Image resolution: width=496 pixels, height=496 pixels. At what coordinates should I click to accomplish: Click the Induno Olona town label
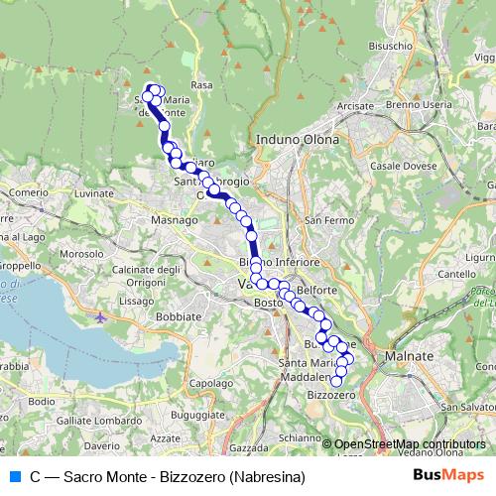297,140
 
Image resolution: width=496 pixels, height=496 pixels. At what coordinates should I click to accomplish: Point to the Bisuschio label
390,46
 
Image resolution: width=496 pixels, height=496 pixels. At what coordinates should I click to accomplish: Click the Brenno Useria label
418,104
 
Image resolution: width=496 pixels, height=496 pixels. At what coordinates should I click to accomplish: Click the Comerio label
29,191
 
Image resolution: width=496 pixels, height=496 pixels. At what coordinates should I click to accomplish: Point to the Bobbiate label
179,315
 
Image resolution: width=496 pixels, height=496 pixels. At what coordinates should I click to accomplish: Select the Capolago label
210,383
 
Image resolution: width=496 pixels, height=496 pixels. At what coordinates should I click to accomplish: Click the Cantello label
457,274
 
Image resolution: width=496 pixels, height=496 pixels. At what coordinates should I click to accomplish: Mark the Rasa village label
201,85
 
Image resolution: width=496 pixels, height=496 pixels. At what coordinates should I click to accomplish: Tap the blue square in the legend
14,476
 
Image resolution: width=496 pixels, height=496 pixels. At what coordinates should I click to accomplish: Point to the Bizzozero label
331,395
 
